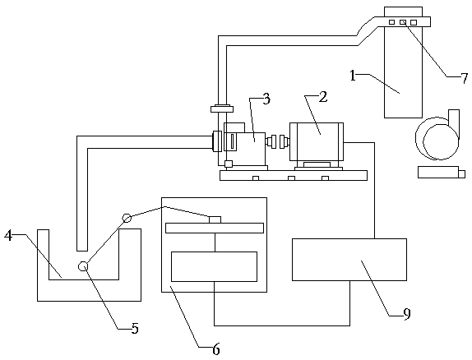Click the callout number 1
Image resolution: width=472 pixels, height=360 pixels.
click(353, 76)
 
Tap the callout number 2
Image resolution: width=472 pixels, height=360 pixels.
click(322, 97)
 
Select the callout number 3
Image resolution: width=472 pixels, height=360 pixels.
click(266, 99)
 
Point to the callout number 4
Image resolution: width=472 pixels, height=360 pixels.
click(8, 235)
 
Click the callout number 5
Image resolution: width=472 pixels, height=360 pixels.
click(135, 329)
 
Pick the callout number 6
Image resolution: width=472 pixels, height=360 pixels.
click(216, 349)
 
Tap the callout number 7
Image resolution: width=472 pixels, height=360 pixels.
click(465, 78)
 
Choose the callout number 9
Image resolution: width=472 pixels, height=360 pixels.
click(407, 314)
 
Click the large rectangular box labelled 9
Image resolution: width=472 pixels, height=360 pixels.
click(349, 260)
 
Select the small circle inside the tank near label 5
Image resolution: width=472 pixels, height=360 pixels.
click(83, 266)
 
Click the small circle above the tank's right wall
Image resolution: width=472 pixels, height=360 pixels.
click(127, 218)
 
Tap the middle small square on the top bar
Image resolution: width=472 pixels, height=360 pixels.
click(403, 22)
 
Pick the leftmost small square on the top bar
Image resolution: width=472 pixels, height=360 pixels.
click(391, 22)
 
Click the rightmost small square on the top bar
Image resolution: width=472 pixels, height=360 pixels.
click(414, 22)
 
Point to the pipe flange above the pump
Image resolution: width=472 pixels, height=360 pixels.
click(222, 108)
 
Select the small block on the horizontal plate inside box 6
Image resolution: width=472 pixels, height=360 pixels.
click(215, 219)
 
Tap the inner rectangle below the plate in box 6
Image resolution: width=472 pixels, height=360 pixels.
click(215, 266)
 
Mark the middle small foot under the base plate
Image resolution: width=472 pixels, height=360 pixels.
click(291, 178)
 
